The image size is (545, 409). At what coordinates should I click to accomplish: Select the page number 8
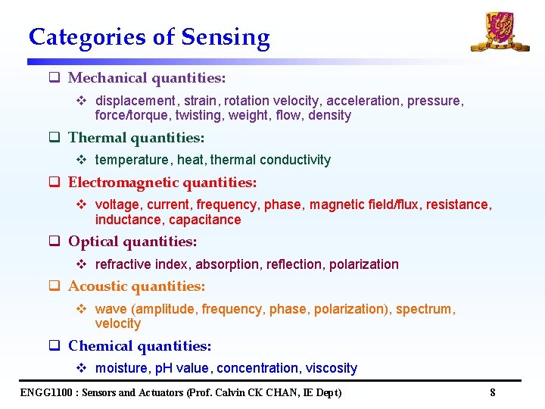pyautogui.click(x=492, y=392)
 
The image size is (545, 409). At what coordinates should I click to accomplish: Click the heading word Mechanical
pyautogui.click(x=108, y=78)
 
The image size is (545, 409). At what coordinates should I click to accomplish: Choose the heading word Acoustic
pyautogui.click(x=98, y=286)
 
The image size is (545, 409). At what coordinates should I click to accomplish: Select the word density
pyautogui.click(x=329, y=115)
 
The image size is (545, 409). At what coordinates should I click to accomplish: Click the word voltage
pyautogui.click(x=117, y=204)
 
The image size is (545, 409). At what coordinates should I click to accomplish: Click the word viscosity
pyautogui.click(x=331, y=368)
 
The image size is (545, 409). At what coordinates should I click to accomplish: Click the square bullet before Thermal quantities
pyautogui.click(x=54, y=138)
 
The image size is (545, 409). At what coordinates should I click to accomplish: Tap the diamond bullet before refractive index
pyautogui.click(x=83, y=264)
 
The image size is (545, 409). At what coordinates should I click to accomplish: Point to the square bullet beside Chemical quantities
pyautogui.click(x=54, y=346)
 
